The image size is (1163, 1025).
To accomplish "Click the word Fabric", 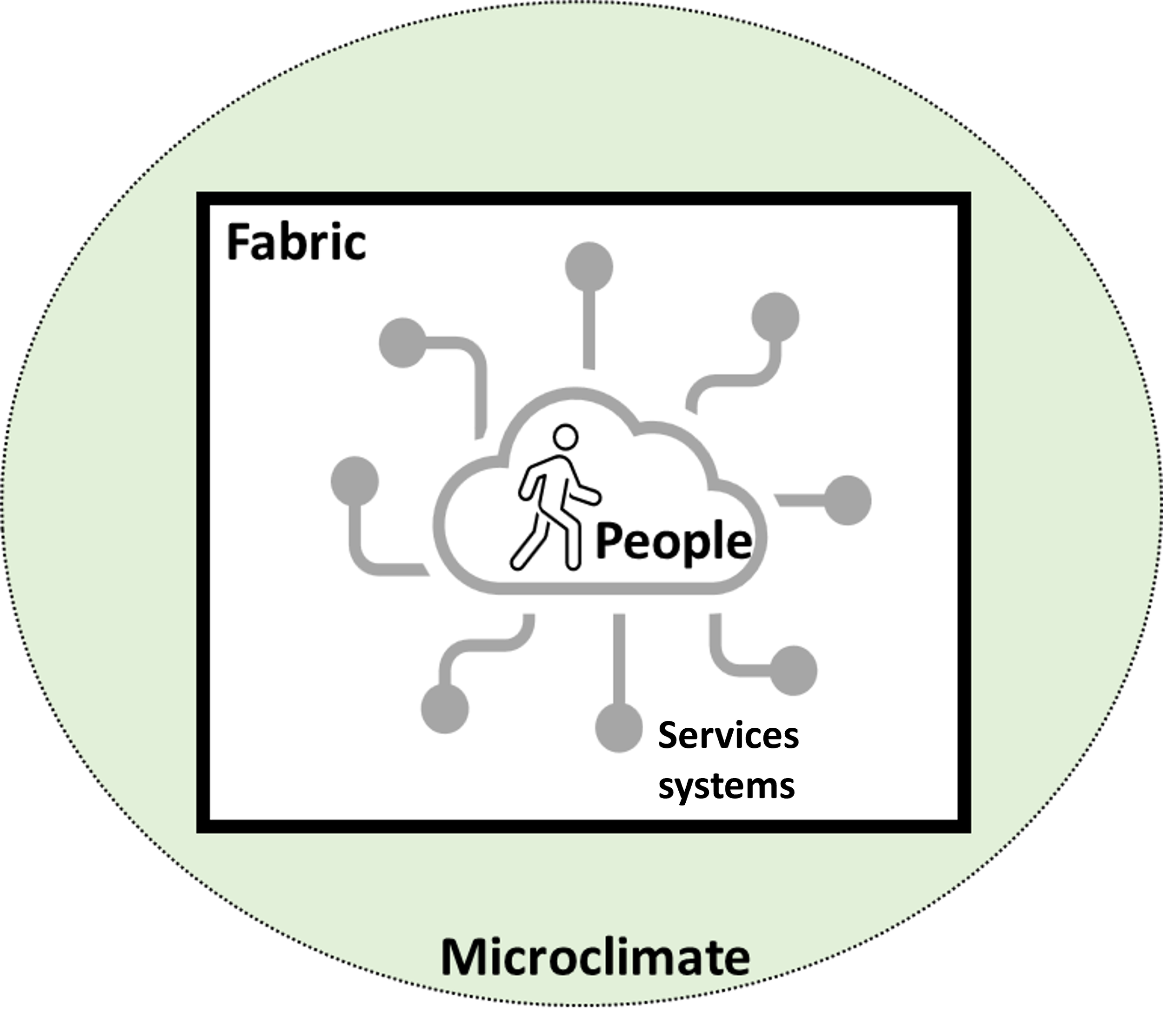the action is tap(296, 243).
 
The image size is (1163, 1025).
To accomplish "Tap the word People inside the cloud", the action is tap(673, 541).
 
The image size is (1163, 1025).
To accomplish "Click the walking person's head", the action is tap(566, 438).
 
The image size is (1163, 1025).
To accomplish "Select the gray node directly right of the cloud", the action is tap(848, 500).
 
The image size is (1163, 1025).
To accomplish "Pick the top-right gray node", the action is tap(775, 317).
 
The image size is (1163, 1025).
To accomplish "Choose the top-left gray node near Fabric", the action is tap(403, 342).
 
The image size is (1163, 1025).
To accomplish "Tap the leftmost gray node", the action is tap(354, 481).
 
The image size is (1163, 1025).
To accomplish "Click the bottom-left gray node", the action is tap(445, 709).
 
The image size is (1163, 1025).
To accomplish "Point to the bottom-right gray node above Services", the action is tap(793, 671).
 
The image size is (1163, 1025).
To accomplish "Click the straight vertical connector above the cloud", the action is tap(589, 330).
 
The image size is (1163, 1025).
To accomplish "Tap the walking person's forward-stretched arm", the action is tap(585, 494).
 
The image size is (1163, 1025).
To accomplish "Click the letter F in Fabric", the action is tap(239, 243).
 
